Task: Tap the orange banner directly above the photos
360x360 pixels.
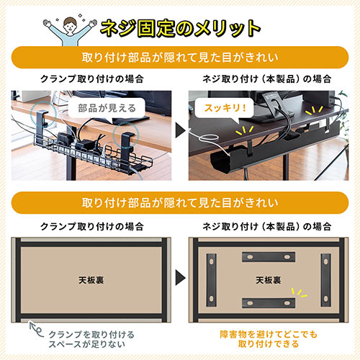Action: point(180,58)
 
